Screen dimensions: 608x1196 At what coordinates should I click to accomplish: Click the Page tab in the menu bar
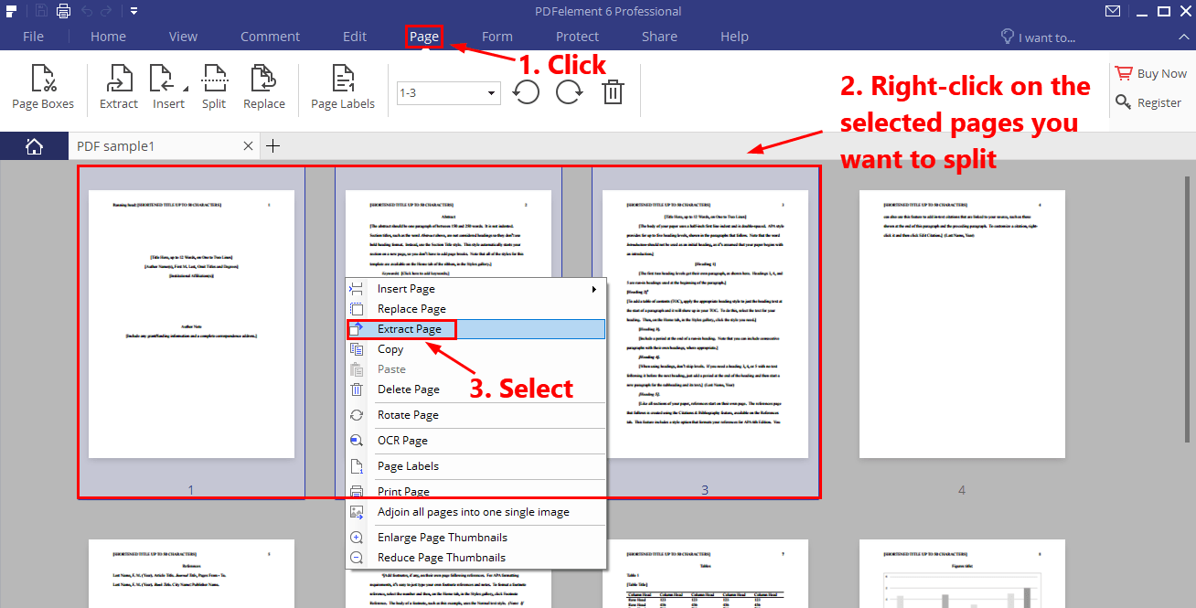tap(424, 37)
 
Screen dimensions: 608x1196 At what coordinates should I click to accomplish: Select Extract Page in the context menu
tap(409, 329)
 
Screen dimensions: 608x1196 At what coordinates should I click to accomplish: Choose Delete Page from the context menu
tap(408, 389)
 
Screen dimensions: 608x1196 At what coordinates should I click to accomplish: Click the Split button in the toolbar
tap(214, 88)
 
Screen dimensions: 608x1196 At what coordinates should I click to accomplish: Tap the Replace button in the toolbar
tap(264, 88)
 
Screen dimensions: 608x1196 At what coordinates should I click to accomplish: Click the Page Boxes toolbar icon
tap(43, 88)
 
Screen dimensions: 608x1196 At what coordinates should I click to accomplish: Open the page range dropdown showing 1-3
tap(448, 92)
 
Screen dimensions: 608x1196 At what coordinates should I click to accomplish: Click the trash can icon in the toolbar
tap(613, 92)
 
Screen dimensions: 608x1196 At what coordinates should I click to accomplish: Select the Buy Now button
tap(1151, 74)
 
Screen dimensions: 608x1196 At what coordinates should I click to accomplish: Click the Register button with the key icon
tap(1149, 103)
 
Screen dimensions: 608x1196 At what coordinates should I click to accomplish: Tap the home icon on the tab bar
tap(34, 146)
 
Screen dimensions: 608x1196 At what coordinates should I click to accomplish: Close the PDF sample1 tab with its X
tap(249, 146)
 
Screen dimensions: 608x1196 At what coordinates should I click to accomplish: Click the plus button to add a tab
tap(272, 146)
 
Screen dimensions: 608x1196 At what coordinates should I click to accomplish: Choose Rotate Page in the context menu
tap(408, 415)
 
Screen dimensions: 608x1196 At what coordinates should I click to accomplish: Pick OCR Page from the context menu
tap(402, 441)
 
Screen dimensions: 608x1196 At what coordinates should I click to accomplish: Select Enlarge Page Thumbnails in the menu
tap(442, 538)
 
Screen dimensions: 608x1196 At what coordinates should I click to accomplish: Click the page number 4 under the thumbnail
tap(962, 491)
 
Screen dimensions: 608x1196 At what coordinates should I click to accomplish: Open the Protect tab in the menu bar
tap(577, 37)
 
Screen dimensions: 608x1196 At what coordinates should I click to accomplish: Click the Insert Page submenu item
tap(406, 289)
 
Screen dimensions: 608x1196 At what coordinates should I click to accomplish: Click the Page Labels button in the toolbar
tap(343, 88)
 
